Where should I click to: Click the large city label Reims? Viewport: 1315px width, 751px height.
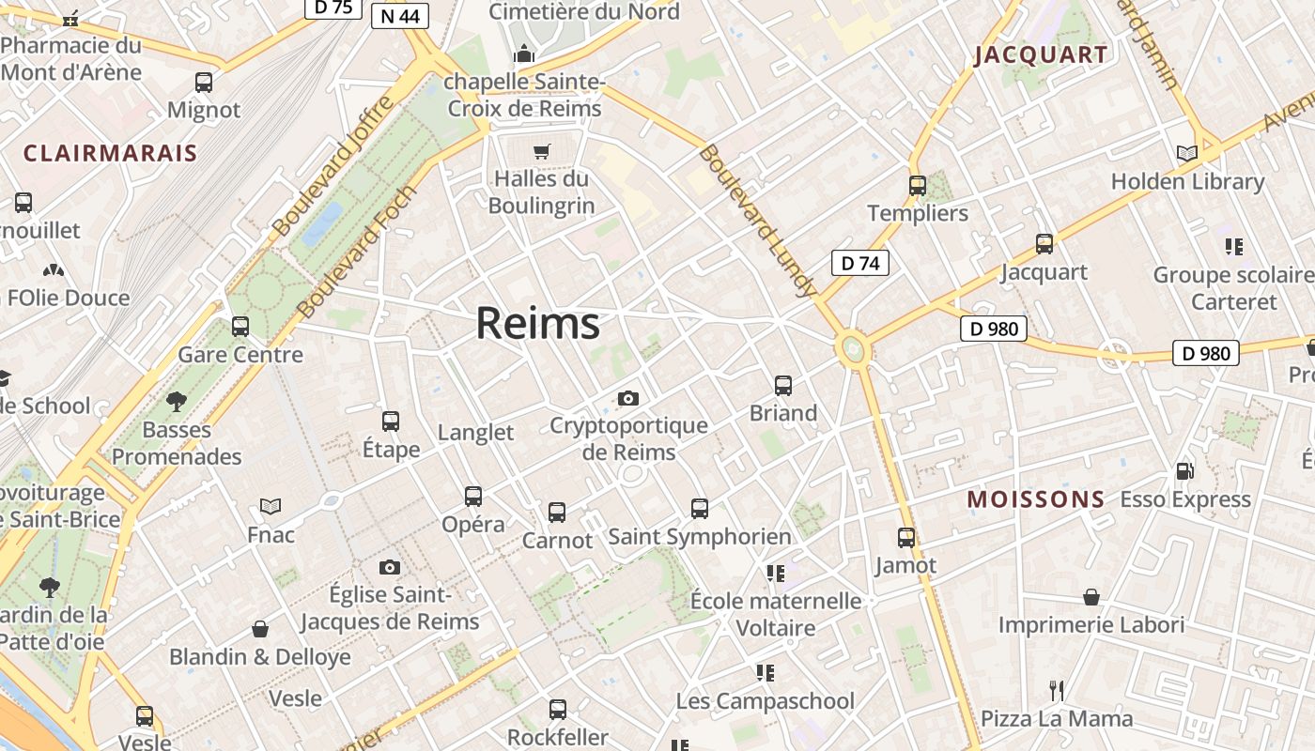pos(537,324)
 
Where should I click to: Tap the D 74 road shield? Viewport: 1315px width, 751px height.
pos(859,263)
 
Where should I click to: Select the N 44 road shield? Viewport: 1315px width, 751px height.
pos(400,16)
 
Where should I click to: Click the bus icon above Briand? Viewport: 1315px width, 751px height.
pos(783,385)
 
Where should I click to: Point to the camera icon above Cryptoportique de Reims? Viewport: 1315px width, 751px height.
pos(628,398)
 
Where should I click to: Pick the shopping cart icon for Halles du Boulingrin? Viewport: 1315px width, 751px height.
pos(541,151)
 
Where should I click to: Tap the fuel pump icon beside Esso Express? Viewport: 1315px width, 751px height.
pos(1185,471)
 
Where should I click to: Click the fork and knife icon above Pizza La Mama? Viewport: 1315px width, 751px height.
pos(1057,691)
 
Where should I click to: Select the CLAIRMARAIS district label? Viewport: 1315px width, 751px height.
pos(110,154)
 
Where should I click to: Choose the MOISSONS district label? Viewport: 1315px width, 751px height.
pos(1036,499)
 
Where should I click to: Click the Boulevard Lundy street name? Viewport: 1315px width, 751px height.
pos(757,221)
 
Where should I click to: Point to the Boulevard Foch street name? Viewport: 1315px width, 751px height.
pos(357,252)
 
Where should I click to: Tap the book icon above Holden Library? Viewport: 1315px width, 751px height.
pos(1187,153)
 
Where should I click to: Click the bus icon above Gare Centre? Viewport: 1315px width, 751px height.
pos(240,327)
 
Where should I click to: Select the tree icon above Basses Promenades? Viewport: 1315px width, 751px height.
pos(176,403)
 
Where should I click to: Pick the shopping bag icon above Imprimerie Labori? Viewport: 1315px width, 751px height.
pos(1091,597)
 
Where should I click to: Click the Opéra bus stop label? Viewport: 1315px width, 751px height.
pos(473,524)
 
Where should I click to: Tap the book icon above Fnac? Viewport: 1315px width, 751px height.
pos(271,507)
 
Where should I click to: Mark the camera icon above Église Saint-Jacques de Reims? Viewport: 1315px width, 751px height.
pos(390,567)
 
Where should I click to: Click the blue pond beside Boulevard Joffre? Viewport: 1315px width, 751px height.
pos(322,222)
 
